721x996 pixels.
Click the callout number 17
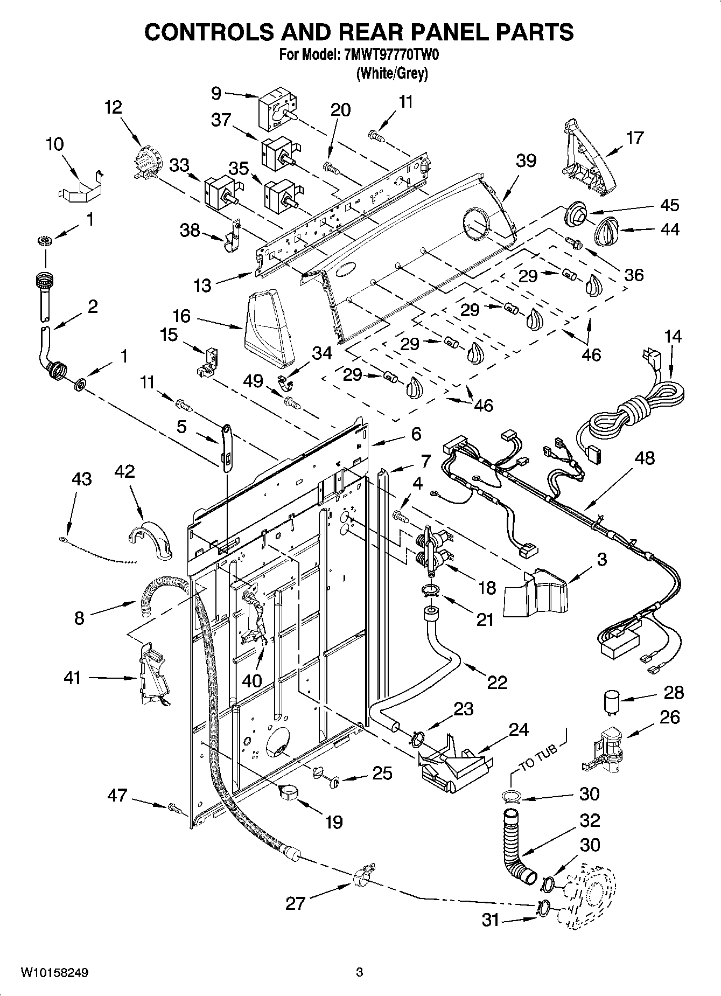(x=635, y=138)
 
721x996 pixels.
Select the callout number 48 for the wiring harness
(x=644, y=458)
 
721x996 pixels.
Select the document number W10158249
(x=55, y=973)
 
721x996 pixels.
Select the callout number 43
(x=81, y=479)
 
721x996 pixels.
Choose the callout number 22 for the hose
(x=496, y=682)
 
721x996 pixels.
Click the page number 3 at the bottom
(x=360, y=973)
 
